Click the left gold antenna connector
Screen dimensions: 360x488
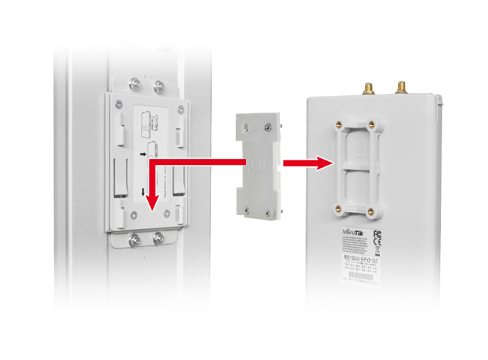tap(367, 89)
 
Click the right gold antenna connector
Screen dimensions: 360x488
tap(402, 88)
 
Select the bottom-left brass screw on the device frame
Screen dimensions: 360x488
tap(338, 207)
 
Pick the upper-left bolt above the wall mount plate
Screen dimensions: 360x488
tap(132, 82)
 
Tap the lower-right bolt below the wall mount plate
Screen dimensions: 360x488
tap(160, 238)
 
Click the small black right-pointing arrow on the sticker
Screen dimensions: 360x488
tap(143, 155)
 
